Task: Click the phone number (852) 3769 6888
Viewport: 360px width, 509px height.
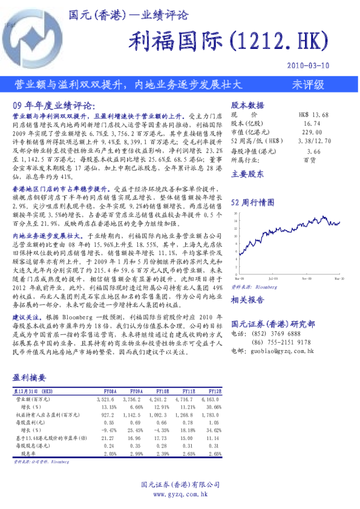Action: coord(277,333)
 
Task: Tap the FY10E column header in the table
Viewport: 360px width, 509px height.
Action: coord(163,391)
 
